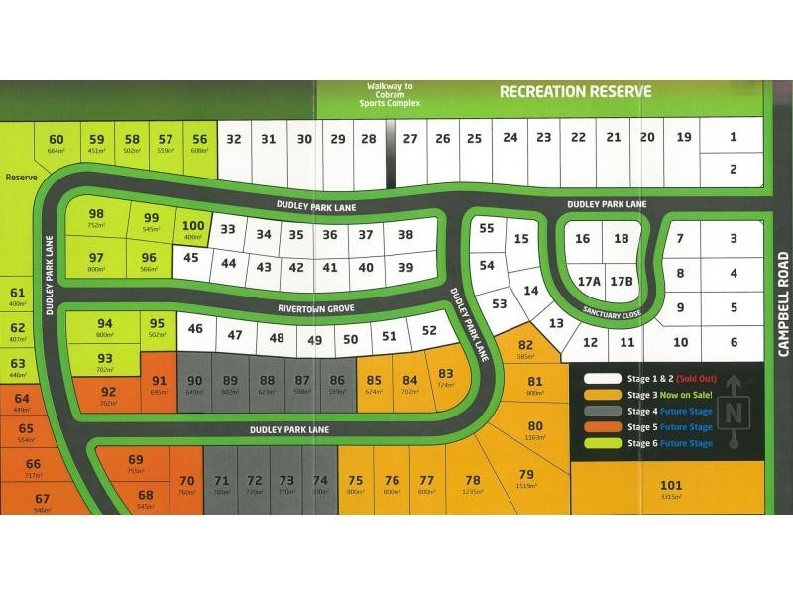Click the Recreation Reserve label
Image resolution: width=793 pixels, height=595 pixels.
click(x=575, y=92)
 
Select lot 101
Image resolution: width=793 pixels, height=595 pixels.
click(x=671, y=489)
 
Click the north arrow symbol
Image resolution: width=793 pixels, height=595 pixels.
click(x=734, y=414)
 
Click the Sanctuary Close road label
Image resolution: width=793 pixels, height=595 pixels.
click(x=613, y=313)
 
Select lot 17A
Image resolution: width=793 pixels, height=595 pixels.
click(x=590, y=281)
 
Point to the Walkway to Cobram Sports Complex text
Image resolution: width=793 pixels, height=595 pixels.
click(x=394, y=95)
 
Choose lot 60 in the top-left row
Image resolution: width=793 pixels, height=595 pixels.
click(x=56, y=144)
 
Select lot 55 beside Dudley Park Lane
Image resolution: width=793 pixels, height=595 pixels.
click(x=486, y=230)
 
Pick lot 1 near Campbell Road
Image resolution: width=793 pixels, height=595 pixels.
click(x=733, y=138)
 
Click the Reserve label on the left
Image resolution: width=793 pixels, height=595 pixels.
click(x=20, y=178)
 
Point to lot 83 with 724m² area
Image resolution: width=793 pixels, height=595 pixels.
click(x=445, y=376)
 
